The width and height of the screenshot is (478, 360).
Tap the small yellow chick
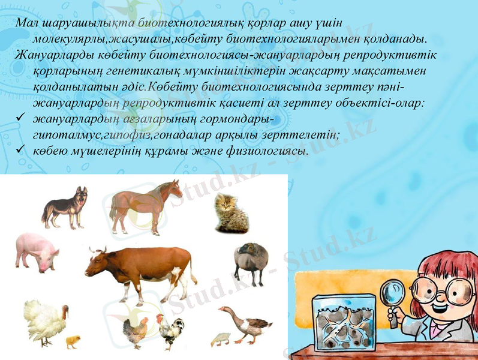tap(73, 342)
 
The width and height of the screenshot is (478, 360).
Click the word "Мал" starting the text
tap(27, 23)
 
